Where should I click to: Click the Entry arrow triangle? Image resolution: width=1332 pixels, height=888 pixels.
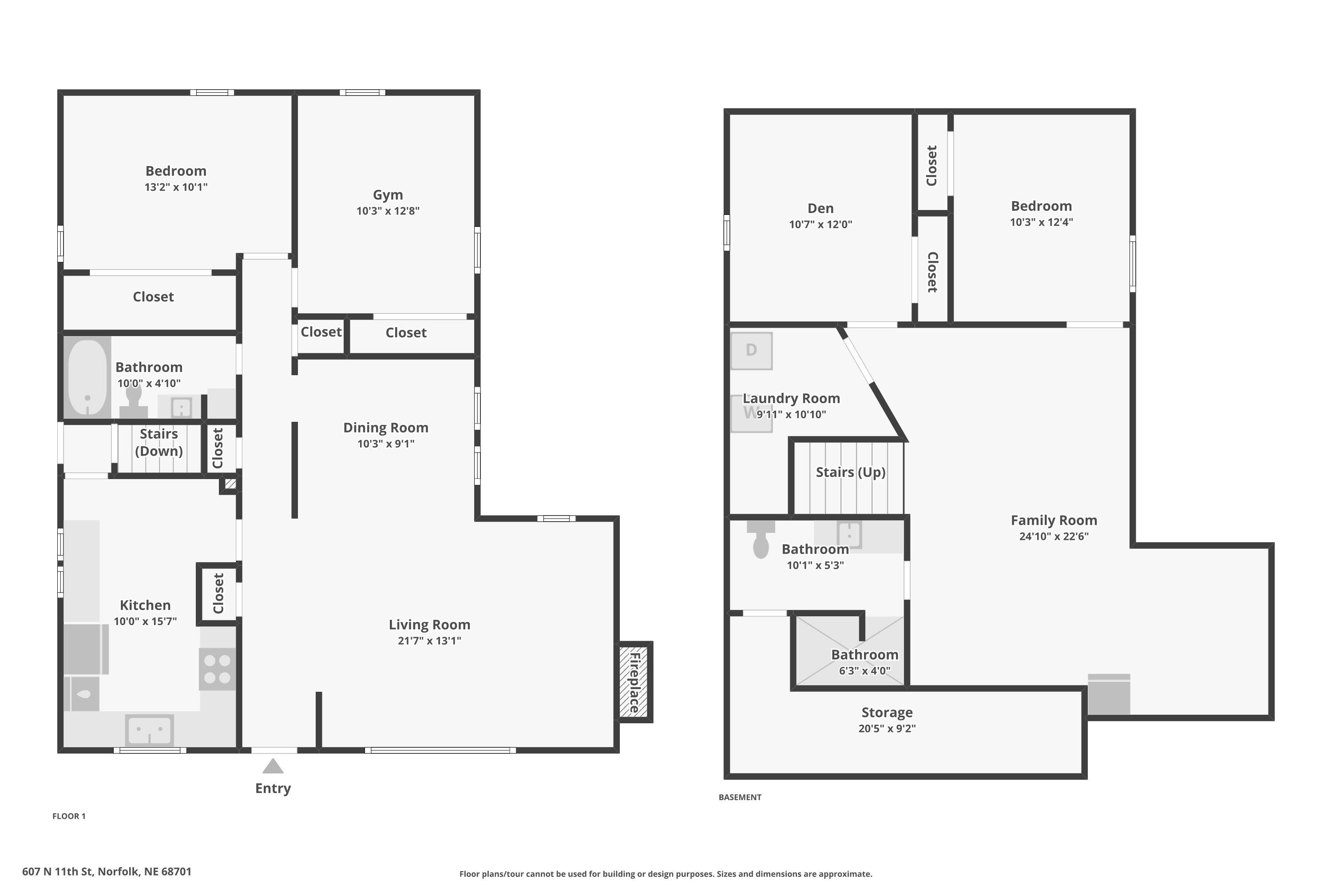[x=273, y=767]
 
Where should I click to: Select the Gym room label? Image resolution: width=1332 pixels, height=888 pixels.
[x=388, y=195]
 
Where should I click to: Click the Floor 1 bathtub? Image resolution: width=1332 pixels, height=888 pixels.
[x=87, y=377]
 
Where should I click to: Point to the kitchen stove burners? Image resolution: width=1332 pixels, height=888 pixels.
[x=217, y=669]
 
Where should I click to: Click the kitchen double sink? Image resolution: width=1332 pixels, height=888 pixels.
[x=150, y=730]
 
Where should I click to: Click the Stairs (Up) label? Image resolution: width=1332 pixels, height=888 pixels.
[x=850, y=472]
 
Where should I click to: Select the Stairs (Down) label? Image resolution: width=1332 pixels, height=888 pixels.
[x=159, y=442]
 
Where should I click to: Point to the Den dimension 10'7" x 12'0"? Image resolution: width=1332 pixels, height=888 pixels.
[x=820, y=224]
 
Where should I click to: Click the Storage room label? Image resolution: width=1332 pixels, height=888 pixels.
[x=887, y=713]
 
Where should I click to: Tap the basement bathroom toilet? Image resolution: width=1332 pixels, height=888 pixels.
[x=761, y=541]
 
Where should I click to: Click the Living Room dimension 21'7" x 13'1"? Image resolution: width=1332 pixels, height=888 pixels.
[x=429, y=641]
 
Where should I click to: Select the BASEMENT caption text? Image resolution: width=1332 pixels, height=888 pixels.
[x=740, y=797]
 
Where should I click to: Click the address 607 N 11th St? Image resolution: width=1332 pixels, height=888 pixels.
[x=107, y=872]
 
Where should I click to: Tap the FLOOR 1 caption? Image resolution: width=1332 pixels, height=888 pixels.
[x=69, y=816]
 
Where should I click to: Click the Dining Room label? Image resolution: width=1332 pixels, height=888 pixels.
[x=386, y=428]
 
